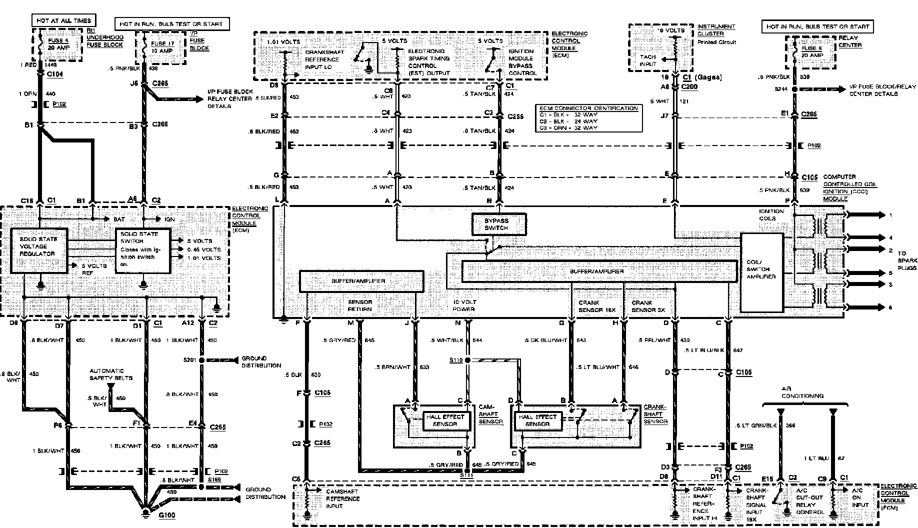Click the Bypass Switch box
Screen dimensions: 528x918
pos(499,224)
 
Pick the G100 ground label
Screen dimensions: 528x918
pos(166,515)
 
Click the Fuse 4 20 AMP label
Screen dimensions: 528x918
pos(58,44)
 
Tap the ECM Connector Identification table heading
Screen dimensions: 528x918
pos(589,108)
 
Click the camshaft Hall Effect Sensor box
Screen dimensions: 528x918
pos(445,420)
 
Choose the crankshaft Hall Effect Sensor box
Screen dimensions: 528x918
pos(537,420)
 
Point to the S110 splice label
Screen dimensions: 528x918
pos(455,360)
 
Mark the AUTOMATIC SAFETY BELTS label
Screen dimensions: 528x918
pos(111,374)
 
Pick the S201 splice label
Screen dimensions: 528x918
pos(189,360)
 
